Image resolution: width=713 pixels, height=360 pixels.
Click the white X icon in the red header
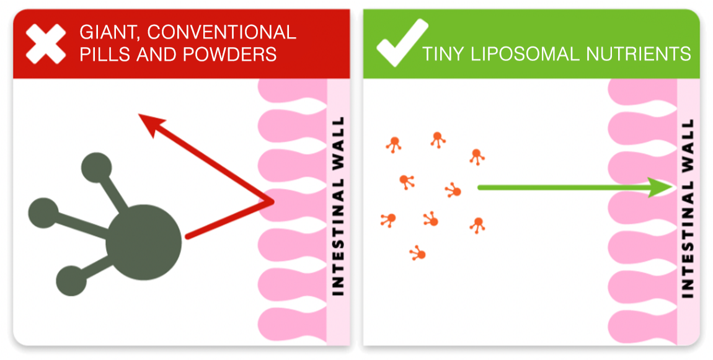(46, 43)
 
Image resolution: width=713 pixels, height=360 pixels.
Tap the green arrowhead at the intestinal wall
(660, 187)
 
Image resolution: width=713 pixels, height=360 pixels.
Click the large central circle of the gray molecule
(144, 242)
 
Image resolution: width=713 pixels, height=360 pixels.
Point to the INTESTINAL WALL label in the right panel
(688, 208)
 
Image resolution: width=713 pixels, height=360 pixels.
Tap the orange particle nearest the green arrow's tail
(454, 190)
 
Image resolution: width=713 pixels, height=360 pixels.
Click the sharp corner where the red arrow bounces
(272, 201)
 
